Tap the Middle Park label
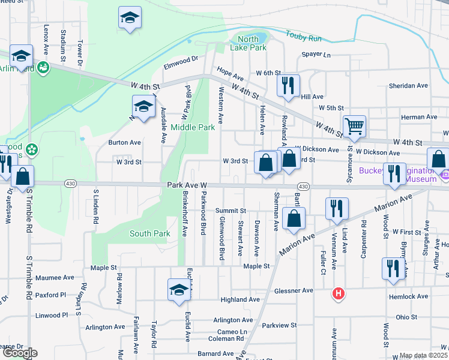tap(193, 127)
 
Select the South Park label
tap(150, 233)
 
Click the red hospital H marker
tap(339, 293)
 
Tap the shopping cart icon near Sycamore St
tap(354, 126)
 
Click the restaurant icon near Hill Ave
tap(288, 85)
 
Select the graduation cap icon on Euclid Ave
tap(179, 290)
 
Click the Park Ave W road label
tap(187, 188)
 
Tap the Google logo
tap(20, 353)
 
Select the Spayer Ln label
tap(316, 55)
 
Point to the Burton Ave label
tap(124, 143)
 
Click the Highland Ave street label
tap(240, 299)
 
